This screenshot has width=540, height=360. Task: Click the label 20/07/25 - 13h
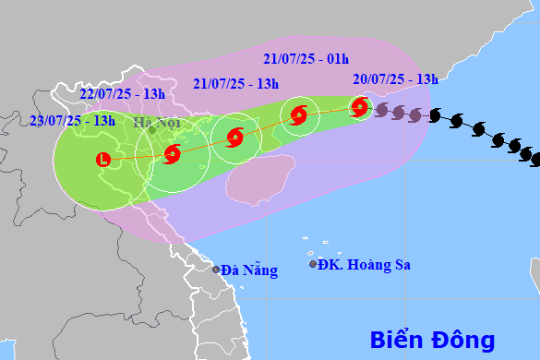coord(395,79)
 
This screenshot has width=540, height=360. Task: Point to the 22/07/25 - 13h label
coord(122,93)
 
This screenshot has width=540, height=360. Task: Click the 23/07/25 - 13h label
coord(72,120)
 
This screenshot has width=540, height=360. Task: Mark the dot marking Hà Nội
coord(151,130)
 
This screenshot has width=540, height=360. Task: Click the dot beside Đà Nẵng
coord(216,270)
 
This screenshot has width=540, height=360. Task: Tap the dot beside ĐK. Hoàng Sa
coord(313,265)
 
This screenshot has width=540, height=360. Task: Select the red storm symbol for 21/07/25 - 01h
coord(297,115)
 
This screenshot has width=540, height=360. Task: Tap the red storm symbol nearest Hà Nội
coord(172,154)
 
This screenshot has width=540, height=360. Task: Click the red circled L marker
coord(102,160)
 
